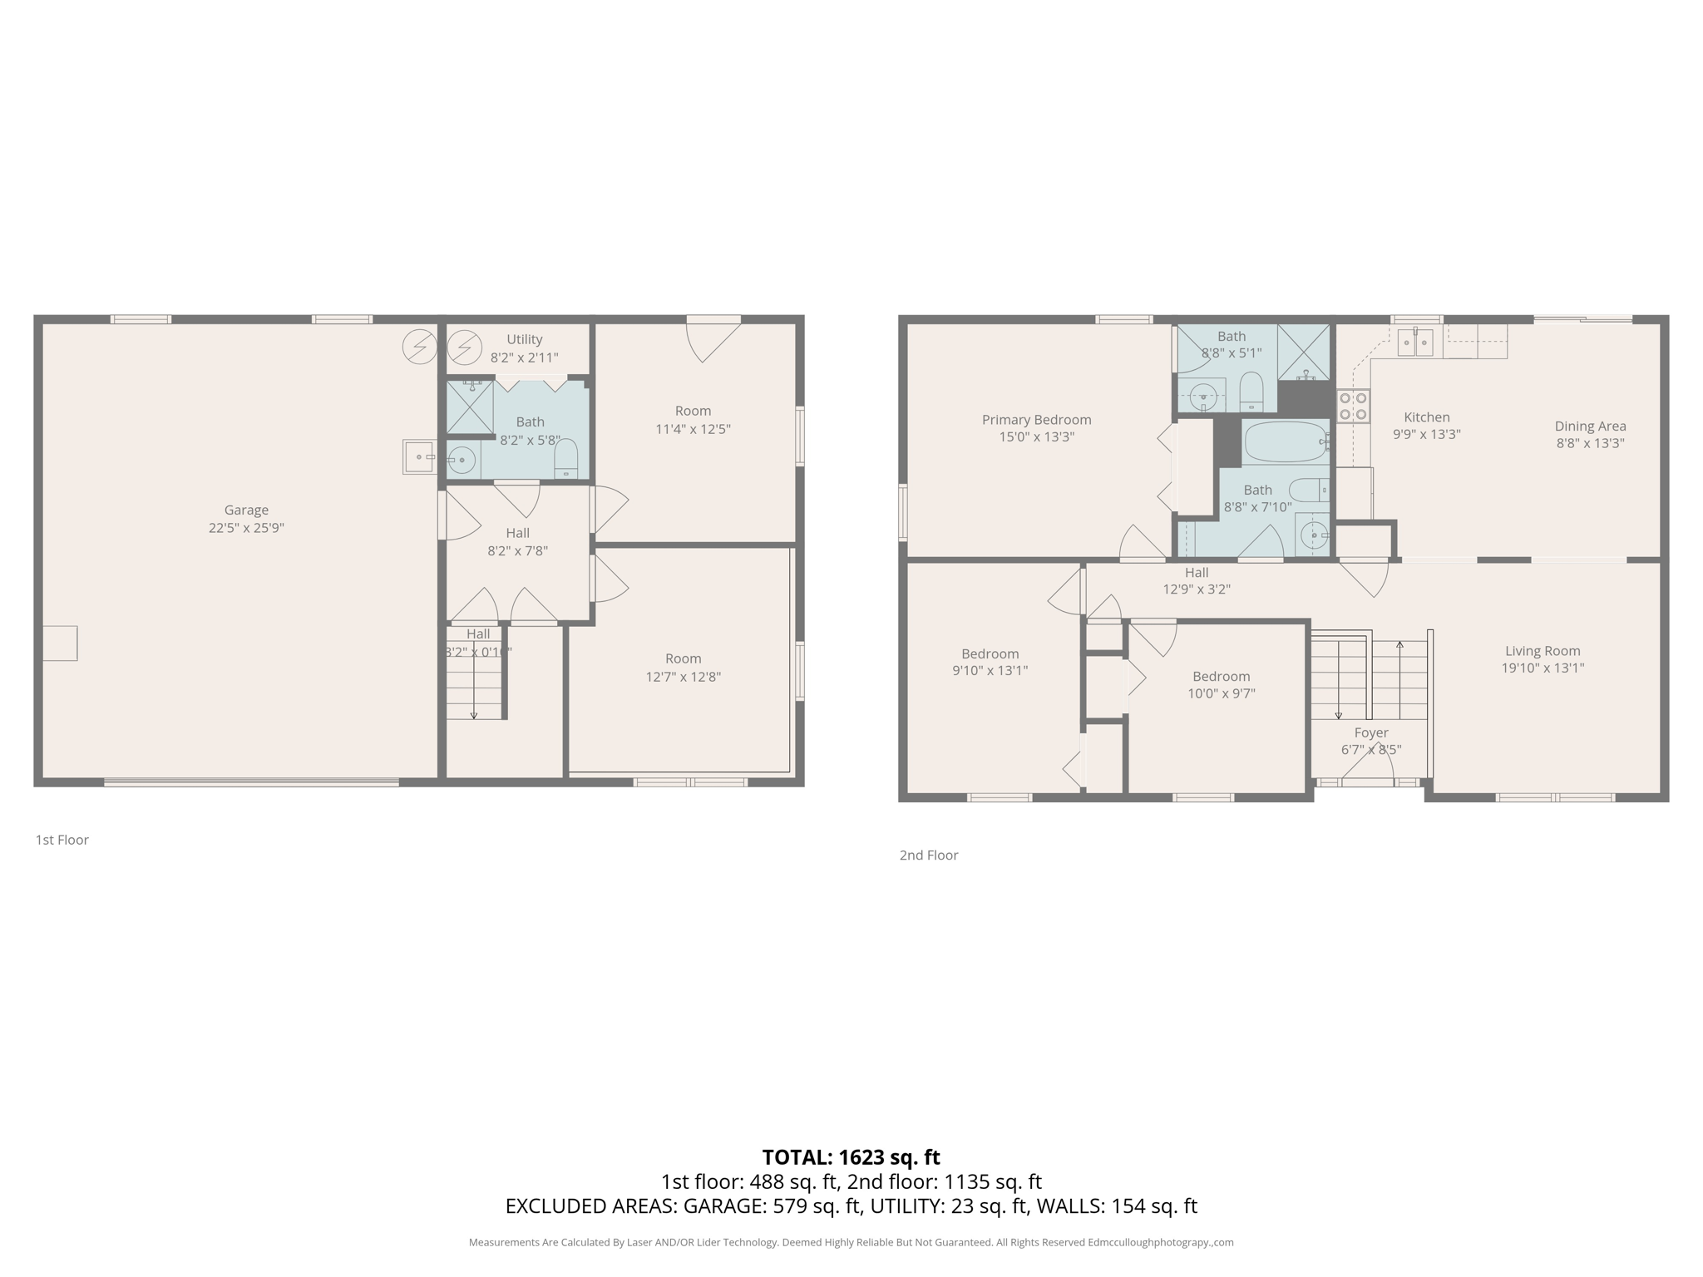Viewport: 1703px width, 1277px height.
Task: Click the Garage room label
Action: pos(246,510)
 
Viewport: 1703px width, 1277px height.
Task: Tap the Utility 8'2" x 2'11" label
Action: pos(524,348)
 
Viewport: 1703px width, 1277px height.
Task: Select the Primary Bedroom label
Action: pos(1036,420)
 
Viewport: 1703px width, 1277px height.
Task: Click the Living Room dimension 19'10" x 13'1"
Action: pos(1542,668)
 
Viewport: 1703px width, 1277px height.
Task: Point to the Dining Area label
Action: pos(1590,426)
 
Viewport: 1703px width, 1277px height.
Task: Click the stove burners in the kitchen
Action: pos(1353,407)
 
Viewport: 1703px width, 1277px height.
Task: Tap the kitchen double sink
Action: pos(1414,342)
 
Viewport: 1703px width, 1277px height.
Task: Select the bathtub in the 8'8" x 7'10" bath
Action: pos(1286,442)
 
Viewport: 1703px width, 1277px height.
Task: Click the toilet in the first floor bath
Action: pos(565,460)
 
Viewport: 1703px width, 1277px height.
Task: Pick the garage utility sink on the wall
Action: pos(419,456)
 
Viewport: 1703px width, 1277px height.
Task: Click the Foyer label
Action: pos(1370,732)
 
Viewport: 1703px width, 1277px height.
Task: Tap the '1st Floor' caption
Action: pos(62,840)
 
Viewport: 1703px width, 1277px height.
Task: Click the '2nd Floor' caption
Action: pos(928,855)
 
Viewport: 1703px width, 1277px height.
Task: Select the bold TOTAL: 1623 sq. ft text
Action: pos(851,1156)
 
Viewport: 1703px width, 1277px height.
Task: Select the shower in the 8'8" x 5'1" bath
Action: pos(1303,352)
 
